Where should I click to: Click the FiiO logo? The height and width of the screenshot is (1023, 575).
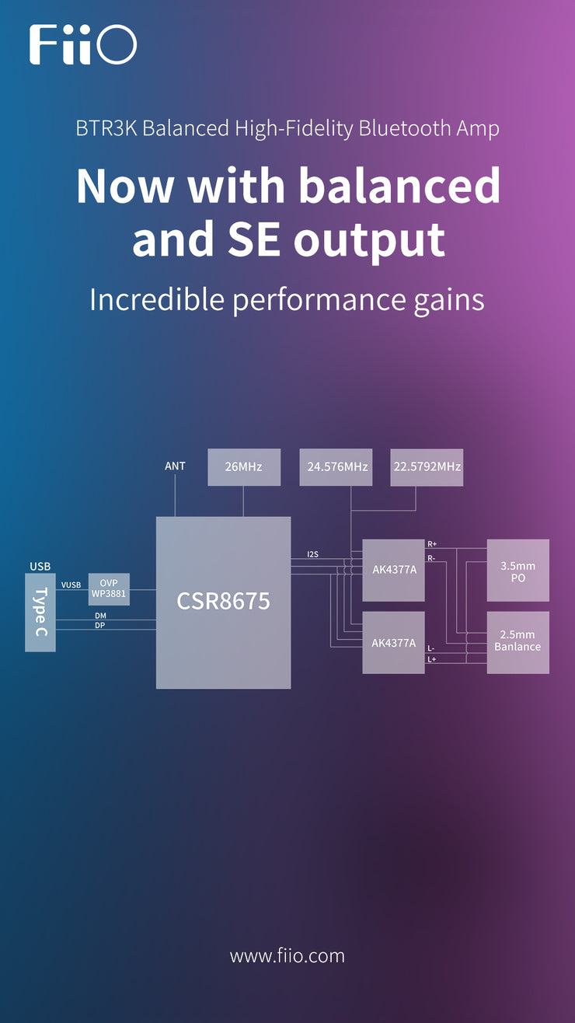83,44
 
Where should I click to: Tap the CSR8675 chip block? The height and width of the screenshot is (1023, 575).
223,602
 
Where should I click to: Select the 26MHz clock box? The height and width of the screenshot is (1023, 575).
244,467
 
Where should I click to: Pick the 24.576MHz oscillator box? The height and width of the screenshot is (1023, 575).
336,467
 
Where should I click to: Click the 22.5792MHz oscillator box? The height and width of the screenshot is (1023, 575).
427,467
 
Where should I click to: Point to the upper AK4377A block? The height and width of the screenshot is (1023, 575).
393,570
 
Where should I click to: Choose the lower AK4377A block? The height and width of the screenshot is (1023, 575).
393,643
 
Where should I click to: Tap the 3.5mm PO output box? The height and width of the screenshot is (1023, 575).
517,570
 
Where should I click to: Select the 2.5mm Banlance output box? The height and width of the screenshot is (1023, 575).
517,641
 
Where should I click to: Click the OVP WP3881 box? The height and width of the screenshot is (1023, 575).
109,589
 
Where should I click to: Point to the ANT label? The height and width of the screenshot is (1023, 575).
175,466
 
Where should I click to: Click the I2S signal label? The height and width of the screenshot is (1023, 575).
312,554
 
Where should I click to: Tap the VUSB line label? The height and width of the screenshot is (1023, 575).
71,585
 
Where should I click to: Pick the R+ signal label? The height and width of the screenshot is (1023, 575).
432,544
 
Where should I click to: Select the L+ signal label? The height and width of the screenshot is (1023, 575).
431,659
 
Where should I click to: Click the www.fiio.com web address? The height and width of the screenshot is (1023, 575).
287,955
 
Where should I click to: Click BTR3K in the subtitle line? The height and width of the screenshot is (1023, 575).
106,128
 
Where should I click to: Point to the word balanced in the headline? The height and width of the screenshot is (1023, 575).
400,186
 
